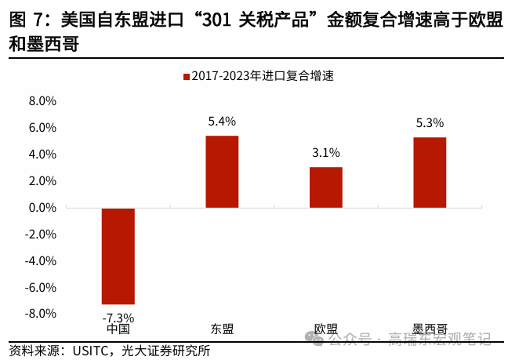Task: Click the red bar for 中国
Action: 118,256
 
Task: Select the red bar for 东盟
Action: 222,172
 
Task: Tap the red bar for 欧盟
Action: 325,187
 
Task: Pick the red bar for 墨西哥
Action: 430,173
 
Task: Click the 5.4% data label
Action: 222,122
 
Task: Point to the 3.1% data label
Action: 325,153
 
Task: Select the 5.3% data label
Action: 430,123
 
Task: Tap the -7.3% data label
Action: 118,318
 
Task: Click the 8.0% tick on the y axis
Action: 42,101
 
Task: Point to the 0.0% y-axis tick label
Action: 42,208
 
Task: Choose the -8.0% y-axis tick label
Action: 41,314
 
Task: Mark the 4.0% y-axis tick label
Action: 42,155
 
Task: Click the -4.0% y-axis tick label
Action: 41,260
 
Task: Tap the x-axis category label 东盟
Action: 222,329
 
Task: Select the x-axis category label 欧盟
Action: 325,329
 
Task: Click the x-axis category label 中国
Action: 118,329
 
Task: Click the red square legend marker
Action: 186,77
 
